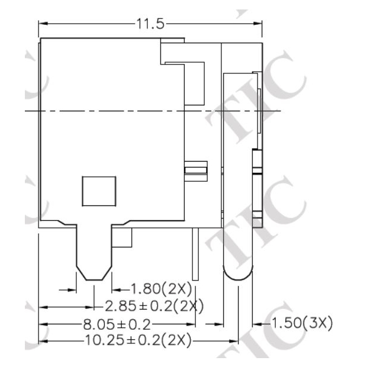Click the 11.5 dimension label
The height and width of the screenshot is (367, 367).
tap(150, 24)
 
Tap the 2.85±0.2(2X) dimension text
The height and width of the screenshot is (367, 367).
tap(154, 306)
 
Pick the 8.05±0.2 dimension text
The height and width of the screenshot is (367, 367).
tap(117, 324)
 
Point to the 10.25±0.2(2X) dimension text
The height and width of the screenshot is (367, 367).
tap(138, 340)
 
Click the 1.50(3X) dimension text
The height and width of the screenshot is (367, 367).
tap(302, 323)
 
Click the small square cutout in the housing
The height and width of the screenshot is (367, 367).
tap(99, 191)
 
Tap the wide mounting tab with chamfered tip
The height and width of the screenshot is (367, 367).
tap(94, 252)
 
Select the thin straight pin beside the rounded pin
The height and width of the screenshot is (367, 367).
tap(195, 254)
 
